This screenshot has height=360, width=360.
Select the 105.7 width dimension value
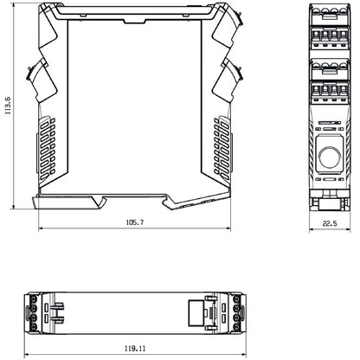pos(135,223)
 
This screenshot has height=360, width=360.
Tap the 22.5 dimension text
pos(328,223)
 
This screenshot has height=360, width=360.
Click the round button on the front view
pos(328,156)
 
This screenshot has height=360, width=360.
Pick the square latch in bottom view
pos(197,312)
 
